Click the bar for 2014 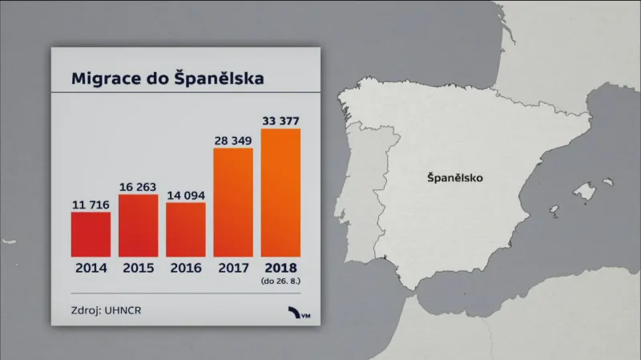coord(91,234)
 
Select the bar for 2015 coord(139,225)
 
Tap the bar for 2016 coord(186,229)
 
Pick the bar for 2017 coord(233,202)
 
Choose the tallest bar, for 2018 coord(281,192)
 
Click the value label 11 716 coord(91,205)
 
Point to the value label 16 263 coord(139,188)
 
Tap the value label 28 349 coord(233,141)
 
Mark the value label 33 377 coord(281,121)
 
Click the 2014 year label coord(91,269)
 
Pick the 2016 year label coord(186,269)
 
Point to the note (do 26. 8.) coord(281,281)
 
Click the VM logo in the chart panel coord(300,313)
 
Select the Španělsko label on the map coord(455,179)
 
